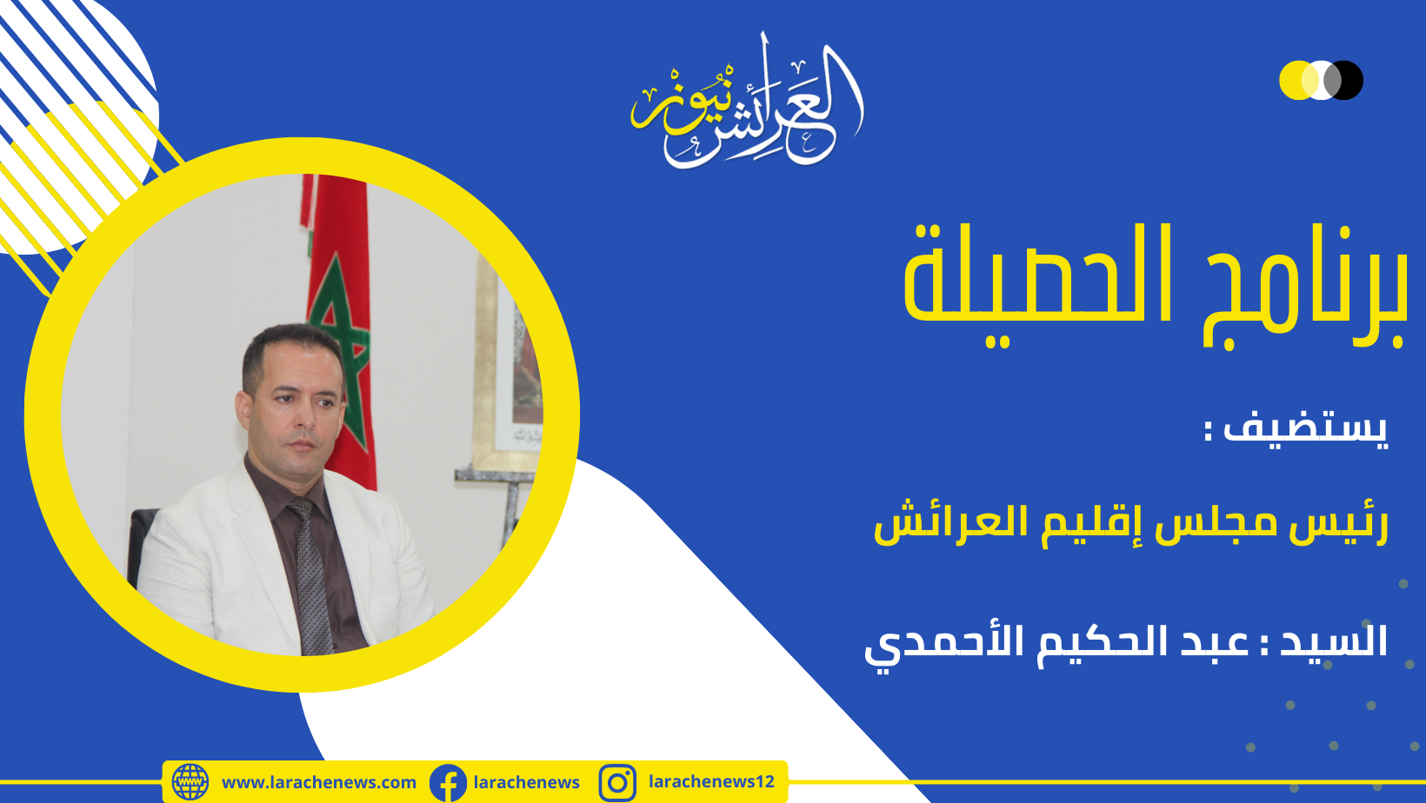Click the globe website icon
click(190, 782)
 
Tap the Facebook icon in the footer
click(448, 783)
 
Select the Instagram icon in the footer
click(617, 783)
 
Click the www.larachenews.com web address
click(319, 783)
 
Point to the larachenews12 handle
click(711, 781)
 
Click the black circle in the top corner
click(1344, 80)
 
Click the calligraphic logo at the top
click(747, 102)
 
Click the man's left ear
click(243, 409)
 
